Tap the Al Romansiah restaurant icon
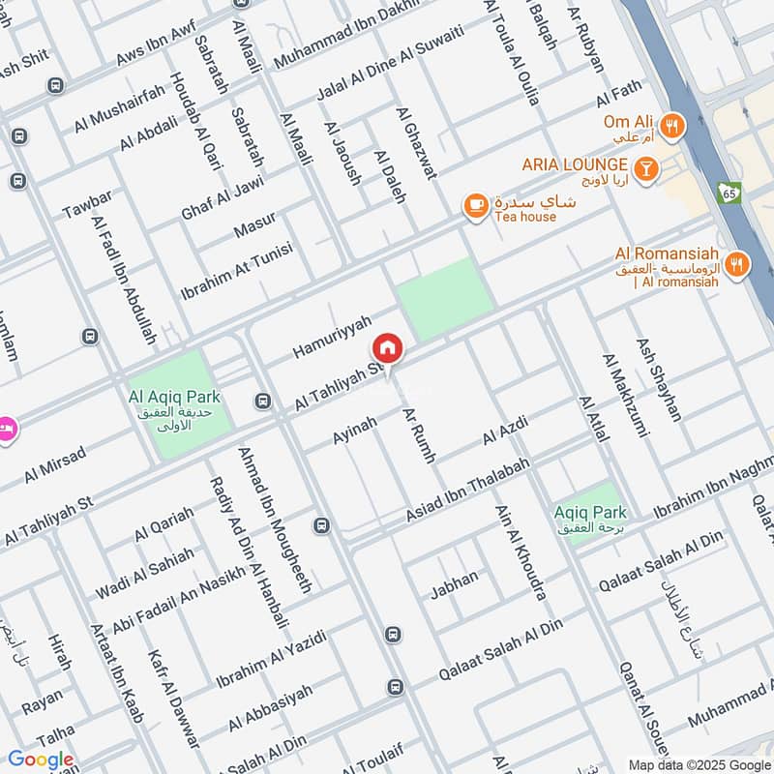tap(736, 263)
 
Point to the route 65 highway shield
tap(729, 193)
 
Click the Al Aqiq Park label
tap(174, 397)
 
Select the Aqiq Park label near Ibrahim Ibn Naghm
tap(591, 513)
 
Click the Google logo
tap(41, 759)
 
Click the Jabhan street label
tap(454, 580)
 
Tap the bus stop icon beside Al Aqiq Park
tap(262, 401)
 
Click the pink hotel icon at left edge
tap(6, 428)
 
